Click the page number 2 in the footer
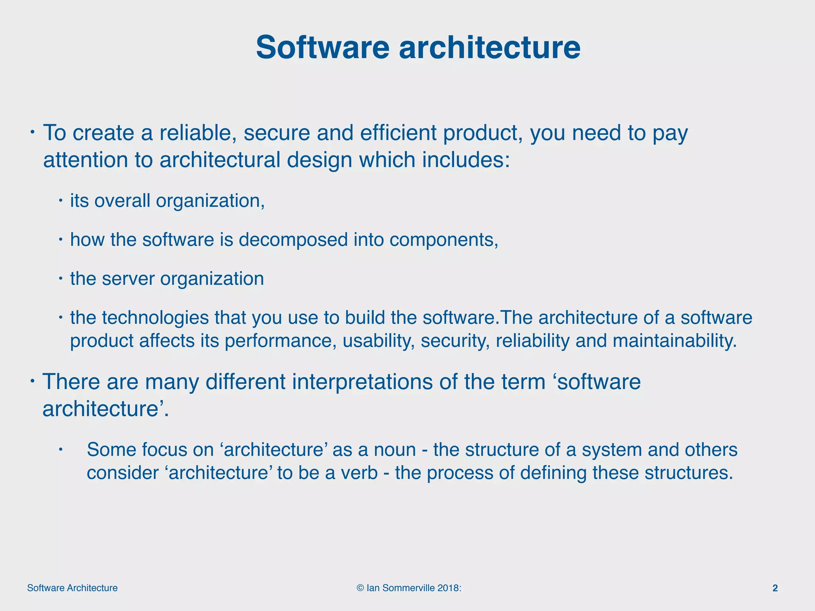coord(775,588)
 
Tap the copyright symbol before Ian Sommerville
coord(360,588)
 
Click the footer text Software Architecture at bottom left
coord(72,588)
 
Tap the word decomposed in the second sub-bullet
coord(293,240)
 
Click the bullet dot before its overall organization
coord(60,200)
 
